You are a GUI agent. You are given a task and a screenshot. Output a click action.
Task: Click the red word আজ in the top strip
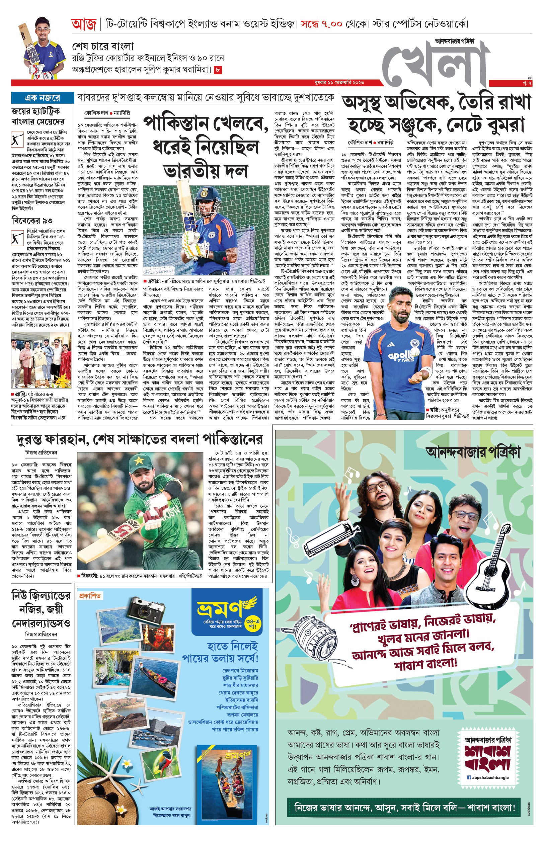click(x=83, y=24)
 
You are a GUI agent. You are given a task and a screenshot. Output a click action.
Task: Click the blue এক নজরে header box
click(x=43, y=98)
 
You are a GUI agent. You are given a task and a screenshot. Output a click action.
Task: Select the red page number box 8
click(x=218, y=70)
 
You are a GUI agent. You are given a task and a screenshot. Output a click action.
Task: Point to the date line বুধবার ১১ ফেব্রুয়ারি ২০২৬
click(x=339, y=83)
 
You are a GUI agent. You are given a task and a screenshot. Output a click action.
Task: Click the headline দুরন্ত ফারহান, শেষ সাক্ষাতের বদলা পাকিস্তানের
click(x=140, y=439)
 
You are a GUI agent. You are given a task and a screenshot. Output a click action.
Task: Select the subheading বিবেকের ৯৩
click(x=32, y=221)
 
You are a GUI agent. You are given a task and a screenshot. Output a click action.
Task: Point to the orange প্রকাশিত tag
click(x=90, y=596)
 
